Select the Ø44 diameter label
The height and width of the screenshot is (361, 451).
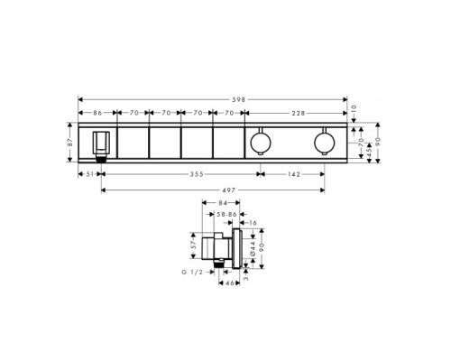(x=253, y=261)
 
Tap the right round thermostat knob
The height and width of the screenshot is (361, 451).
(x=324, y=143)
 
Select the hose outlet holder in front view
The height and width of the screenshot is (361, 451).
(x=101, y=143)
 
